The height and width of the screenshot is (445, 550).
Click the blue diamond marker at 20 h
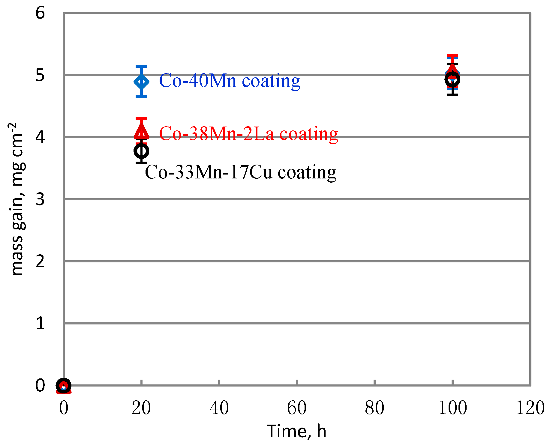point(141,82)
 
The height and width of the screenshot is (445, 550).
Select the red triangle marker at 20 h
point(141,131)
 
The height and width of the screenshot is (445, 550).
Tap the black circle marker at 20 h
point(141,151)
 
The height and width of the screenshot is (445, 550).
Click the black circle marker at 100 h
point(452,79)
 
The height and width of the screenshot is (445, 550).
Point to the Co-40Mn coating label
point(230,81)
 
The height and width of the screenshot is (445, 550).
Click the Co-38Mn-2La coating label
point(248,133)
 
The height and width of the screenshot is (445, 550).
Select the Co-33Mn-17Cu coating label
point(240,172)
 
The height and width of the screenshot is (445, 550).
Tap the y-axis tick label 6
point(40,13)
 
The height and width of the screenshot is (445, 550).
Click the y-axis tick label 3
point(40,199)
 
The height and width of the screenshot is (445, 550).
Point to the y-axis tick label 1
point(40,323)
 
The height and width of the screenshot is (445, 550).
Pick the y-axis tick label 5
point(40,75)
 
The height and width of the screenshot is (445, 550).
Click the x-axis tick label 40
point(219,408)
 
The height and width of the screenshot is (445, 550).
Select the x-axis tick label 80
point(374,408)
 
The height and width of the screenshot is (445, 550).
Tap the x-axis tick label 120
point(530,408)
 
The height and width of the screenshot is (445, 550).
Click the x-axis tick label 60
point(297,408)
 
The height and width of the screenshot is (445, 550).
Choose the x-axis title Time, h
point(296,431)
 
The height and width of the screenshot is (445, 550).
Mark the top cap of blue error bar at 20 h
point(141,67)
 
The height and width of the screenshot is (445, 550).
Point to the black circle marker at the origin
point(64,385)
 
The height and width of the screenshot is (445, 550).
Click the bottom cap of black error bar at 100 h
point(452,94)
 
